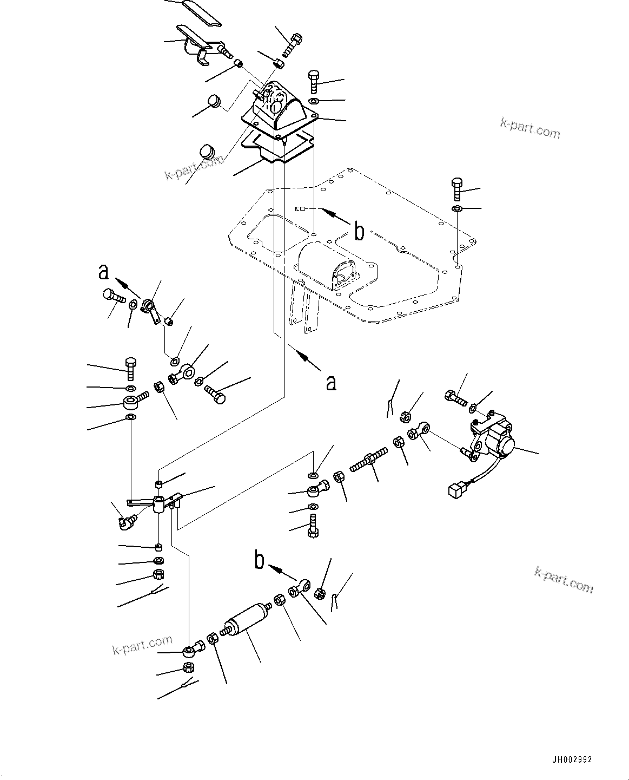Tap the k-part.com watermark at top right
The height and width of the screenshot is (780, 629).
pyautogui.click(x=529, y=128)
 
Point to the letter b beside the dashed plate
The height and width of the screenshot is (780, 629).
pyautogui.click(x=358, y=231)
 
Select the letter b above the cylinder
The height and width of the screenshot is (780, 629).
pyautogui.click(x=260, y=561)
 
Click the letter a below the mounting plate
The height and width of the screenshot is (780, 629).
pyautogui.click(x=330, y=383)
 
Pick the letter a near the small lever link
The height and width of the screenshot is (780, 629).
pyautogui.click(x=103, y=272)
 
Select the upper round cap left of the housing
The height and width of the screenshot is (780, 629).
pyautogui.click(x=215, y=101)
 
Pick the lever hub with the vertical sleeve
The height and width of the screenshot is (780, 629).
pyautogui.click(x=159, y=504)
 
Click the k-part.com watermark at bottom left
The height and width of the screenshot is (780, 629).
pyautogui.click(x=142, y=645)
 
